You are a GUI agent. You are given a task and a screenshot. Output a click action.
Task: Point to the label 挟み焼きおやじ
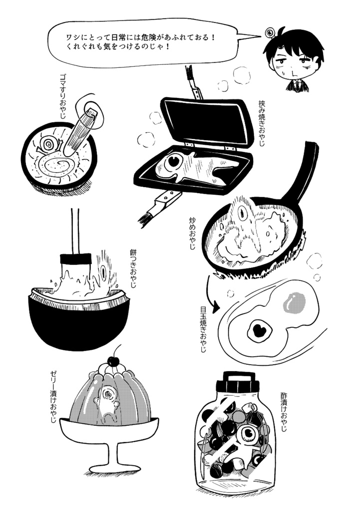pos(261,123)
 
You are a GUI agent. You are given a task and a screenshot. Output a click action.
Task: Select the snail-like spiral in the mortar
pos(48,144)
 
